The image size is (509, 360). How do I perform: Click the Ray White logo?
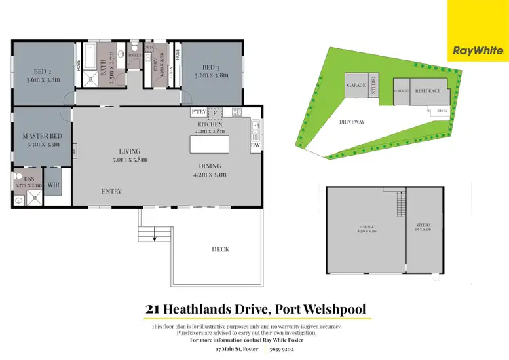(477, 50)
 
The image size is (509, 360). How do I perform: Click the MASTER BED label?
(42, 136)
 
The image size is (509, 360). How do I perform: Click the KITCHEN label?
(211, 125)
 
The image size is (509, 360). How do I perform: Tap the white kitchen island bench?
(209, 145)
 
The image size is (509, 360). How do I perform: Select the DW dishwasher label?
(255, 145)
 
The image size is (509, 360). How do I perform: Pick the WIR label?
(54, 184)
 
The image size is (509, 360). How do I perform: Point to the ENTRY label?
(111, 192)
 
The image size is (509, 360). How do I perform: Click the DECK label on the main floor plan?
(220, 249)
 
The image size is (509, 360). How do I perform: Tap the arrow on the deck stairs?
(155, 236)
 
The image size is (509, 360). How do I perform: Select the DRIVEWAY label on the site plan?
(352, 122)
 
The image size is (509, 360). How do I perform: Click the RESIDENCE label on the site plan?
(428, 91)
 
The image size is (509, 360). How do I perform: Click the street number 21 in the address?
(153, 310)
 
